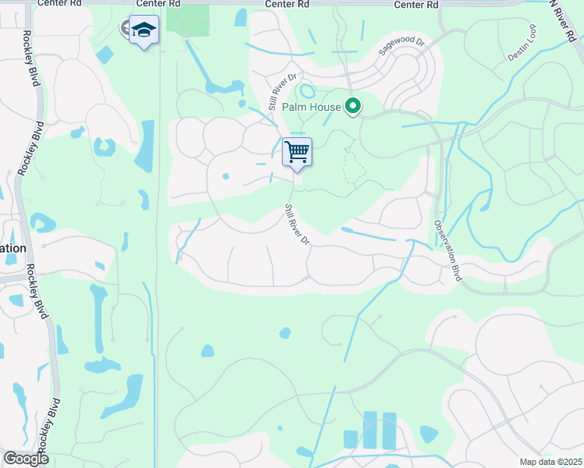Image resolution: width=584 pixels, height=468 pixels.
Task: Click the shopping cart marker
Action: tap(297, 151)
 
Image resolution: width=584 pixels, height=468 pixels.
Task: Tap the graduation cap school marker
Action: tap(144, 30)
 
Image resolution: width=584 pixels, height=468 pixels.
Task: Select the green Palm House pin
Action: tap(354, 107)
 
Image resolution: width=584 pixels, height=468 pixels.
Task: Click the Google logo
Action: tap(26, 459)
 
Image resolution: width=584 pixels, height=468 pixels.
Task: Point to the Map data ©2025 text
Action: tap(550, 462)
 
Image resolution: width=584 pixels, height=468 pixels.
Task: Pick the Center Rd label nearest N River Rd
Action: tap(416, 5)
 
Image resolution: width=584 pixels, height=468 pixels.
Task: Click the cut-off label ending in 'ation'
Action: tap(13, 247)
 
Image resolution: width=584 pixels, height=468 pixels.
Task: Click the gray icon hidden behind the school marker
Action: tap(126, 29)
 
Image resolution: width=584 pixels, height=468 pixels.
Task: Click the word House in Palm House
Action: tap(327, 107)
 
